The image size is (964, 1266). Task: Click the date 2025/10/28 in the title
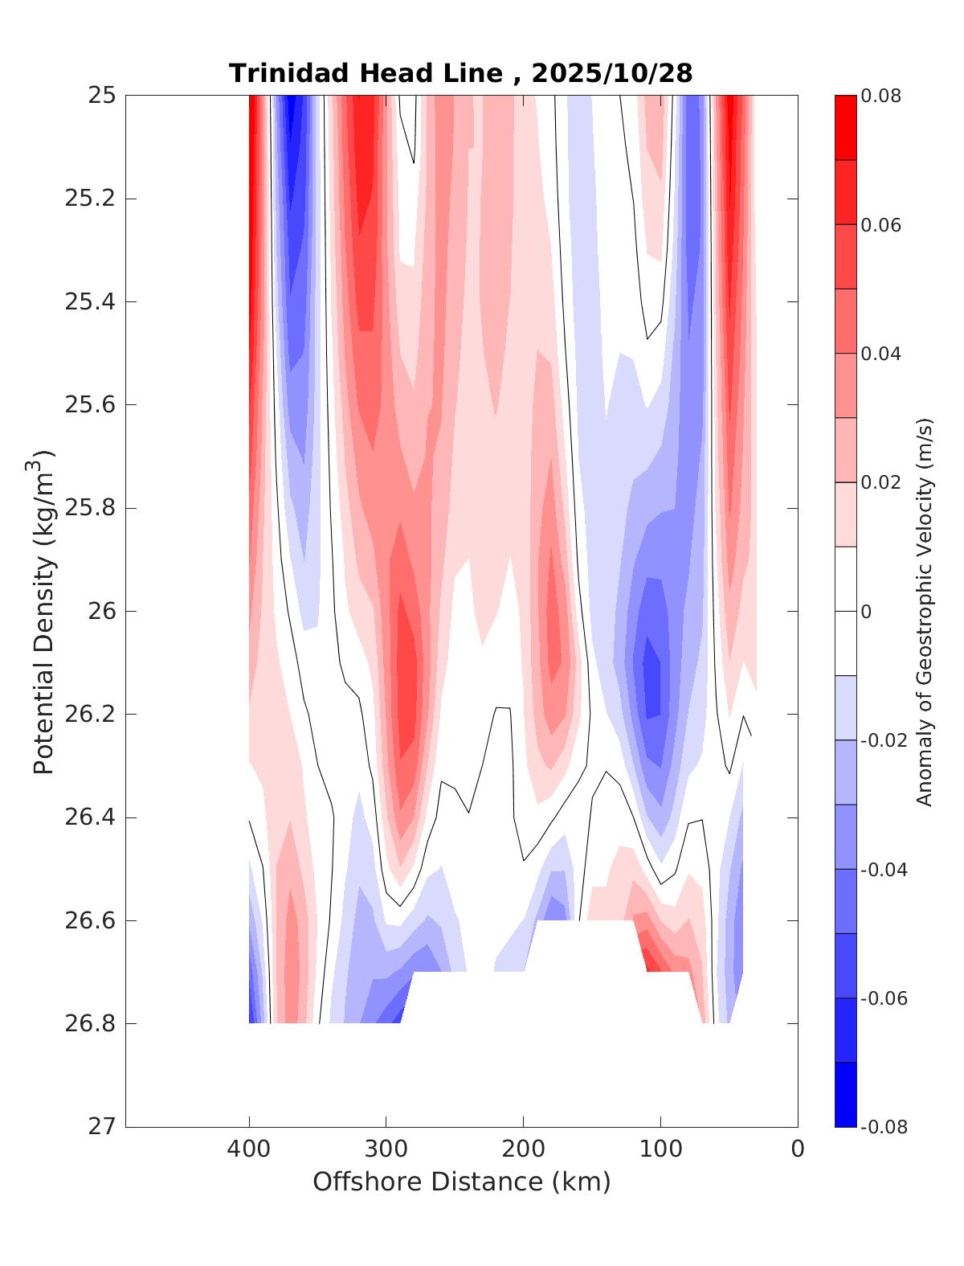point(611,73)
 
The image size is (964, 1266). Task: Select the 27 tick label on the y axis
point(101,1127)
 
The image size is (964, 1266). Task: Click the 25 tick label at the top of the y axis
point(101,96)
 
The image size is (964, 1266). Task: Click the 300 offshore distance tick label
point(386,1149)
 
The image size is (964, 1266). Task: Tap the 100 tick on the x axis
point(660,1149)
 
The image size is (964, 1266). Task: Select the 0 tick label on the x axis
point(798,1149)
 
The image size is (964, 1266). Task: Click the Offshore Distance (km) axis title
point(461,1182)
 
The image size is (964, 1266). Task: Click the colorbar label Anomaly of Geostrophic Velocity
point(925,611)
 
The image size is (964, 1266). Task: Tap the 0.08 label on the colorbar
point(880,96)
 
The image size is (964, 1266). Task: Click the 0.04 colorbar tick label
point(880,354)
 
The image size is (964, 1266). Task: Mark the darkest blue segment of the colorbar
point(845,1094)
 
